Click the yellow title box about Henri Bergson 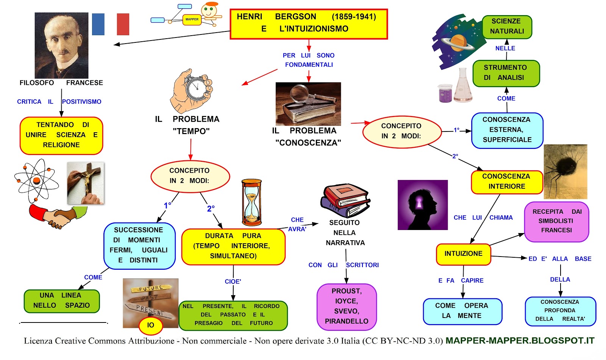coord(309,24)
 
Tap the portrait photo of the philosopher coord(61,45)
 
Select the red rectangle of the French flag coord(123,24)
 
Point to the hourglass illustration coord(251,203)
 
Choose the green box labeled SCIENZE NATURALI coord(507,27)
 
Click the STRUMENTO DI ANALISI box coord(506,73)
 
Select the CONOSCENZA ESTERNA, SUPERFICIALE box coord(507,130)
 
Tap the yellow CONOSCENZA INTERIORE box coord(506,182)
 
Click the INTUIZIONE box coord(463,254)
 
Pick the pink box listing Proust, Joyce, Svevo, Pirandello coord(346,306)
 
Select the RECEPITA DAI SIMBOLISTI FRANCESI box coord(556,221)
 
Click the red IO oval coord(151,325)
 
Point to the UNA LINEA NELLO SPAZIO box coord(61,301)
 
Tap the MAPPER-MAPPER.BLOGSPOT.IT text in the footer coord(520,341)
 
